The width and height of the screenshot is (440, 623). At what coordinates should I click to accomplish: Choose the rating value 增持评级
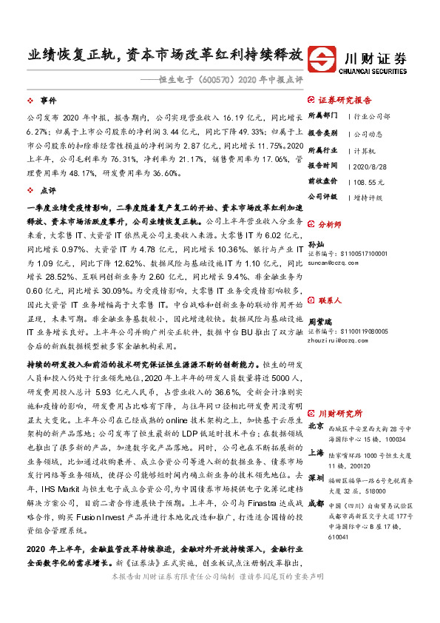click(368, 198)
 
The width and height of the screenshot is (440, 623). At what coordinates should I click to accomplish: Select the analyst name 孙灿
click(315, 243)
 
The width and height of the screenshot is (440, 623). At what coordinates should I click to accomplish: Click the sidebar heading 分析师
click(330, 223)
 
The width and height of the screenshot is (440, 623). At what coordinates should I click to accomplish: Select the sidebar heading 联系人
click(330, 301)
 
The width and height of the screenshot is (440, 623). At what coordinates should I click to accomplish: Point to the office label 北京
click(315, 427)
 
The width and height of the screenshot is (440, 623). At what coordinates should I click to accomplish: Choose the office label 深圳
click(315, 477)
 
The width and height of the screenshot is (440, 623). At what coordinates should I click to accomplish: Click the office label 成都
click(315, 502)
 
